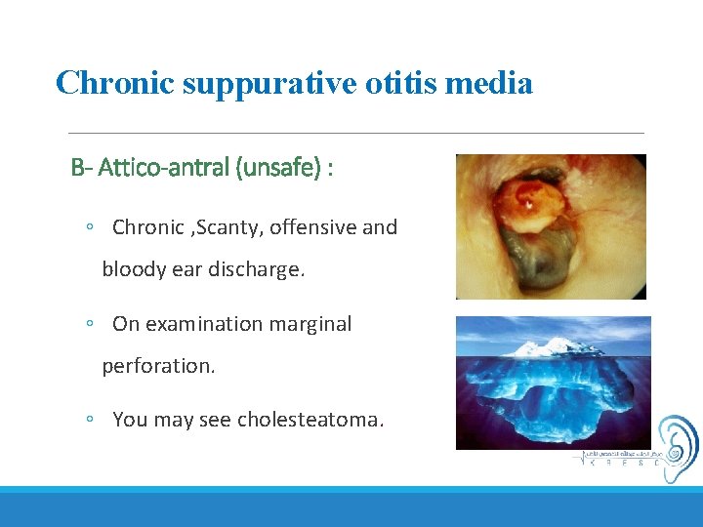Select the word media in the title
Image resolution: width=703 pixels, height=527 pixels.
493,83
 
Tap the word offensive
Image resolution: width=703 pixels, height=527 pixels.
314,227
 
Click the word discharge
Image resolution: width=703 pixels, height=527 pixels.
257,269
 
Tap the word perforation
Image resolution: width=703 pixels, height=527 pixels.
157,366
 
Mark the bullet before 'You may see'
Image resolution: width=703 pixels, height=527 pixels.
89,420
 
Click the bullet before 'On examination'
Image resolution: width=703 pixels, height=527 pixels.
89,324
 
